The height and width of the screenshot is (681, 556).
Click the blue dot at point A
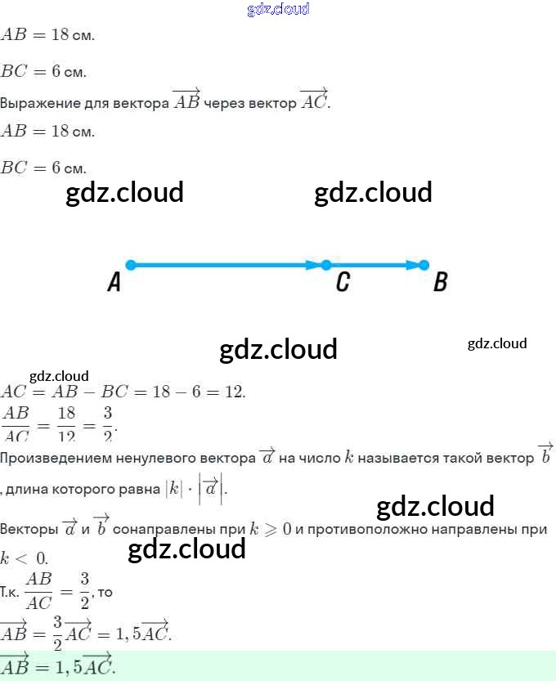click(130, 265)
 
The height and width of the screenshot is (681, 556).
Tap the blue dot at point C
click(326, 265)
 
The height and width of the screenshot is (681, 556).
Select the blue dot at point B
click(424, 265)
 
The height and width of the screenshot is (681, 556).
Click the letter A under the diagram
click(114, 283)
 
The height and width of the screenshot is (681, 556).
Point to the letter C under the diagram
click(343, 283)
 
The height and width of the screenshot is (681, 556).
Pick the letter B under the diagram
click(440, 283)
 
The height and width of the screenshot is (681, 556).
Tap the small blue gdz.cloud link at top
click(278, 10)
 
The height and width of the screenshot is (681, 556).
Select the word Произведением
click(50, 459)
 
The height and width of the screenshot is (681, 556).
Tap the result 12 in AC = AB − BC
click(235, 392)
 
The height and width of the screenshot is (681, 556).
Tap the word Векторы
click(29, 529)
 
